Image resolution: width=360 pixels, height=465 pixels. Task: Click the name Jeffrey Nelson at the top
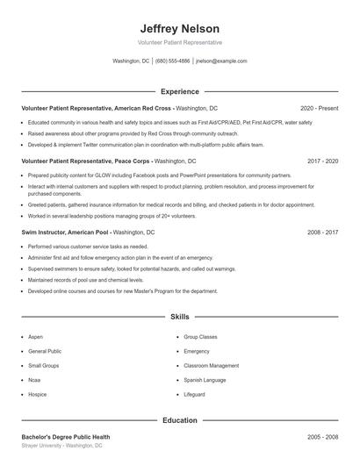[180, 28]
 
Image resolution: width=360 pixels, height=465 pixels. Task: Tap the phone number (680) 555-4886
[172, 61]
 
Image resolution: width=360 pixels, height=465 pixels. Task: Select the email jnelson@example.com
[221, 61]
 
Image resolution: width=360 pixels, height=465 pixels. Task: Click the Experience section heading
[180, 91]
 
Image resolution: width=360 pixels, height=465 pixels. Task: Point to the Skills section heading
[180, 316]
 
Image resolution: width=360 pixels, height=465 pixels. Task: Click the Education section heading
[180, 420]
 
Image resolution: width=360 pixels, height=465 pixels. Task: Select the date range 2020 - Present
[319, 108]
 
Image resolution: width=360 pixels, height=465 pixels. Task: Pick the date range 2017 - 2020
[322, 161]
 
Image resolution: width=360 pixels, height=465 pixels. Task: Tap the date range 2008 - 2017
[322, 232]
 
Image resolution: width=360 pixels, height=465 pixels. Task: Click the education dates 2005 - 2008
[322, 436]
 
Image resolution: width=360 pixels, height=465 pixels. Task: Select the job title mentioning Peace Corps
[86, 161]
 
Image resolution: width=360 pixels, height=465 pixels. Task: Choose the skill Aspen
[35, 337]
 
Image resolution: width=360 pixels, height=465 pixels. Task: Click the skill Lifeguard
[194, 395]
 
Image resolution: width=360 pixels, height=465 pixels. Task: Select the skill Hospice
[38, 395]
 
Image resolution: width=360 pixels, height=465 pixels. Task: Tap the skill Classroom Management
[211, 366]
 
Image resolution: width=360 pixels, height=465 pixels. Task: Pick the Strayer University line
[61, 446]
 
